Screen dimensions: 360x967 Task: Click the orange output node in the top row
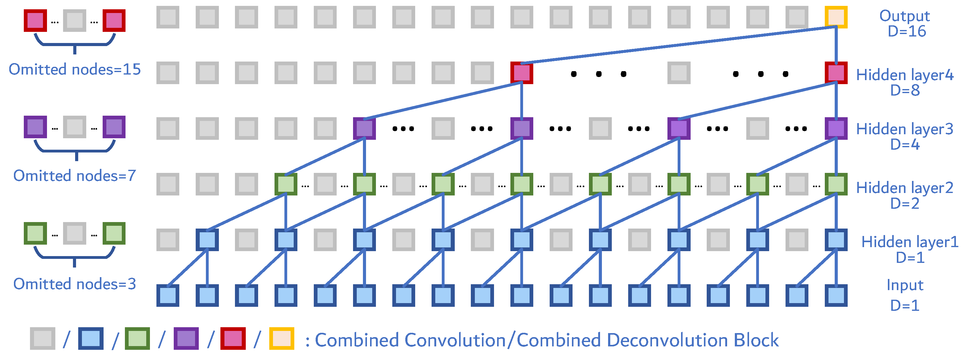point(836,17)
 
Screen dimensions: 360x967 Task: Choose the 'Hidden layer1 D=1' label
point(909,249)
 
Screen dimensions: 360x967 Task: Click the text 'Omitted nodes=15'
point(75,70)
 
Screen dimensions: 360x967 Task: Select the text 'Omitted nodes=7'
point(75,176)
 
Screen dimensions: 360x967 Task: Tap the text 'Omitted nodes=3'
point(75,284)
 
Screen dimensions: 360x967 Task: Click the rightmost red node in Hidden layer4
point(836,73)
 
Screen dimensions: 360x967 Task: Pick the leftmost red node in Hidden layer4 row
point(522,73)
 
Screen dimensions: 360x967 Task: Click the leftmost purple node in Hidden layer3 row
point(364,128)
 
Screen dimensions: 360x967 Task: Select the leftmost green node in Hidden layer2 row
point(286,184)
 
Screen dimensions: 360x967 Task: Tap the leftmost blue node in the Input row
point(168,295)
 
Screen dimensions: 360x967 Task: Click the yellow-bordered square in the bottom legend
point(282,339)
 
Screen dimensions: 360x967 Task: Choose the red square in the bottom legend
point(233,339)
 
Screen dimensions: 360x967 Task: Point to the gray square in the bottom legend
point(42,339)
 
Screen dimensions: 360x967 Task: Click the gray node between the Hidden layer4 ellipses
point(679,73)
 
